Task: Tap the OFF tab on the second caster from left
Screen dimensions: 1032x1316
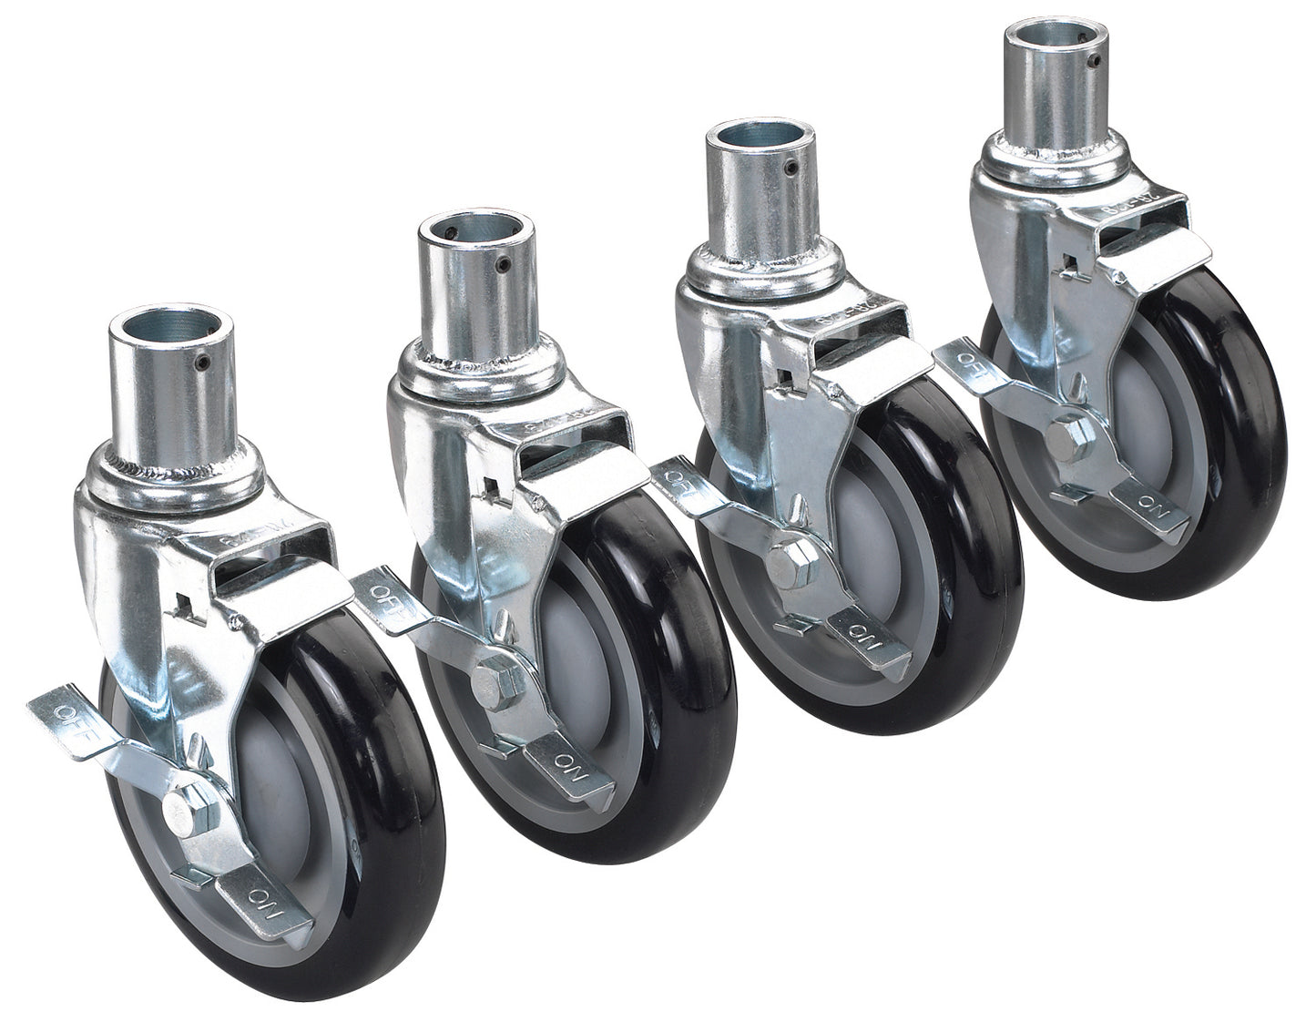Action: (386, 590)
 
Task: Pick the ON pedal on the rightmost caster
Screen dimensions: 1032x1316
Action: (1151, 501)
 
